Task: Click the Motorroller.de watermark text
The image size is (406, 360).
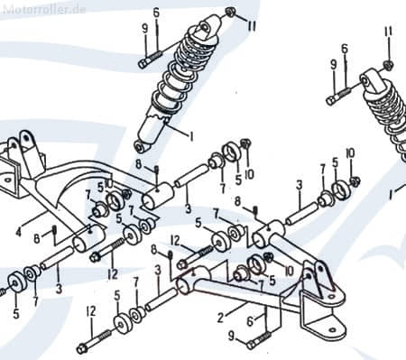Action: coord(43,9)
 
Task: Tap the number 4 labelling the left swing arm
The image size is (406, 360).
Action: coord(19,232)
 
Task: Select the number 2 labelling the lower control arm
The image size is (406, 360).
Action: coord(221,318)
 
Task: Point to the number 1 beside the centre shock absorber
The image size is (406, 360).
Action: coord(190,136)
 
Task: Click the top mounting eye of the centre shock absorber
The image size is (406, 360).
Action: coord(203,27)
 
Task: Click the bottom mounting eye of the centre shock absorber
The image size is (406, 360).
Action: coord(139,147)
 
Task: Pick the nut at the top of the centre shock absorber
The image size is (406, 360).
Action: coord(231,13)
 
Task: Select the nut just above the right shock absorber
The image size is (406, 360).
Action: coord(388,65)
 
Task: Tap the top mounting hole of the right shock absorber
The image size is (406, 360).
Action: coord(364,81)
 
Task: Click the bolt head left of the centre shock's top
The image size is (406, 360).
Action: coord(143,64)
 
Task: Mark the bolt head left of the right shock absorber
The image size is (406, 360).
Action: coord(331,101)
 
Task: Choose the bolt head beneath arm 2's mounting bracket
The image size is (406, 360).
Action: coord(251,345)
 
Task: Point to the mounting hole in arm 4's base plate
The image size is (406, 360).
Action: coord(6,180)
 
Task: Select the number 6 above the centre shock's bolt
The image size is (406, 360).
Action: coord(156,13)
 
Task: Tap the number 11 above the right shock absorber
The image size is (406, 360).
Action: coord(388,32)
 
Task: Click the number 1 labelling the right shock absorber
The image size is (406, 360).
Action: coord(391,196)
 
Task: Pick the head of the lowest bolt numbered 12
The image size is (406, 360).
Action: coord(81,349)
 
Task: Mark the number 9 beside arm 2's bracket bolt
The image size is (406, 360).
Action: coord(231,336)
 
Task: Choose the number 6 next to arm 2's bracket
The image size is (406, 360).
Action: coord(250,321)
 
